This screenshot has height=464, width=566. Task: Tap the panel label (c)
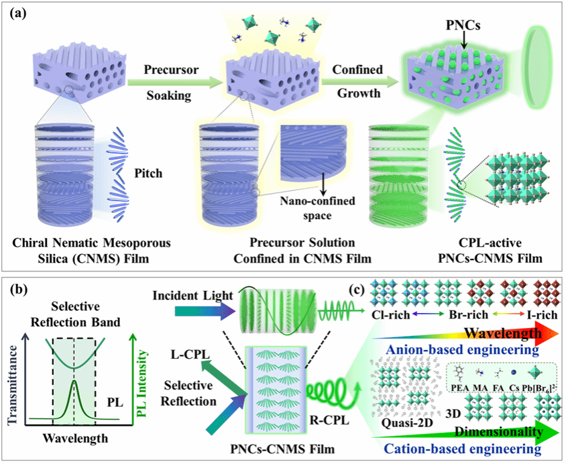(360, 291)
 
